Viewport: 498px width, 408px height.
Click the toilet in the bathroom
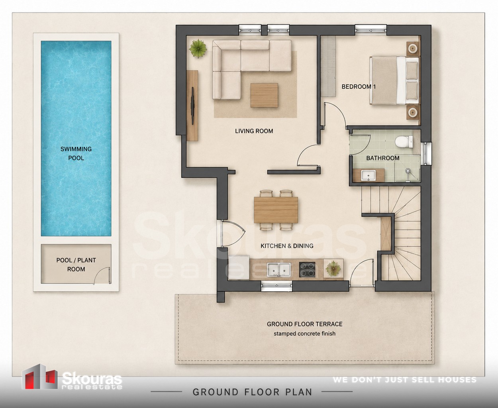pyautogui.click(x=404, y=142)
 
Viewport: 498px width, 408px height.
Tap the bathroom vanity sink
pyautogui.click(x=369, y=175)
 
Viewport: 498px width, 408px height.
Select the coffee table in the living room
pyautogui.click(x=264, y=95)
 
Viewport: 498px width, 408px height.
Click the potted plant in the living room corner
pyautogui.click(x=198, y=49)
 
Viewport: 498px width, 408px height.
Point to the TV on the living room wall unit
pyautogui.click(x=193, y=106)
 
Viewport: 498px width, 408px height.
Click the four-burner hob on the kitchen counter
pyautogui.click(x=307, y=269)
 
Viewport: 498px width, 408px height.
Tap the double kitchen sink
pyautogui.click(x=279, y=269)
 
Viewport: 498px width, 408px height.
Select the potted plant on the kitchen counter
pyautogui.click(x=333, y=269)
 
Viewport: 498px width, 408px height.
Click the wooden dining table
pyautogui.click(x=276, y=210)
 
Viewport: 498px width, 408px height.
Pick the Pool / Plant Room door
pyautogui.click(x=102, y=275)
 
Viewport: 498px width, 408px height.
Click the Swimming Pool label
pyautogui.click(x=76, y=153)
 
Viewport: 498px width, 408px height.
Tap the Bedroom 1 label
pyautogui.click(x=359, y=86)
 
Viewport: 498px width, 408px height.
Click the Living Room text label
pyautogui.click(x=254, y=131)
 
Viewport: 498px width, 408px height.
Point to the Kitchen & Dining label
pyautogui.click(x=287, y=246)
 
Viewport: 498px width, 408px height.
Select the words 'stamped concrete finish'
pyautogui.click(x=304, y=333)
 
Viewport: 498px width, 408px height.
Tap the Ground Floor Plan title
pyautogui.click(x=252, y=392)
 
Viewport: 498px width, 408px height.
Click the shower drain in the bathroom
pyautogui.click(x=407, y=171)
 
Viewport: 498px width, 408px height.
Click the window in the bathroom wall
pyautogui.click(x=426, y=153)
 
